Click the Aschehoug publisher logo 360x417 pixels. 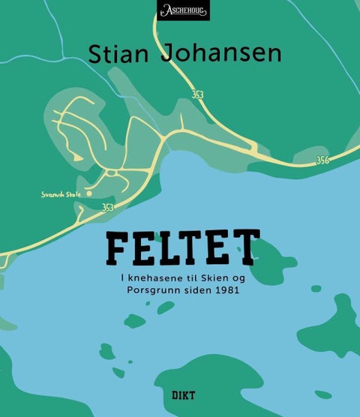click(183, 10)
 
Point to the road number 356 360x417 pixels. click(322, 160)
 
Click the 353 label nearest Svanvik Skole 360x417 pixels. click(108, 208)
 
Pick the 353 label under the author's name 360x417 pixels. click(197, 95)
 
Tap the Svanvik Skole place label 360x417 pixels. click(61, 194)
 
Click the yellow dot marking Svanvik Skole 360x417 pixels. click(89, 193)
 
